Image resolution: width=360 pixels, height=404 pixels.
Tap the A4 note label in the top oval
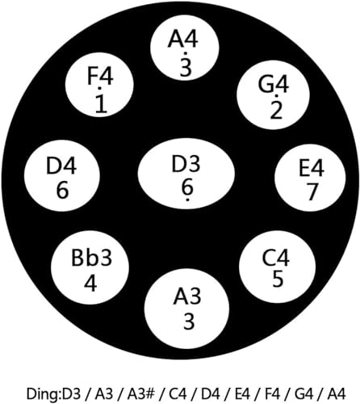click(183, 40)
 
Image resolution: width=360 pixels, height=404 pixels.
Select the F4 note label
click(100, 76)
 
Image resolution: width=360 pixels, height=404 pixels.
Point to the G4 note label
click(274, 84)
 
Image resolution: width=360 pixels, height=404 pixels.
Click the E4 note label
click(312, 169)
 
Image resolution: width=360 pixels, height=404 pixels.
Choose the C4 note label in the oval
click(276, 258)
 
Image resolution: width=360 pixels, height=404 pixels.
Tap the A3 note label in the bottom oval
click(187, 297)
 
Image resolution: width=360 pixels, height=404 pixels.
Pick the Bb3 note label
click(91, 258)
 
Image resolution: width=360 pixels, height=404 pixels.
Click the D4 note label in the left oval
click(61, 165)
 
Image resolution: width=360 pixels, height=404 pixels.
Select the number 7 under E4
click(312, 191)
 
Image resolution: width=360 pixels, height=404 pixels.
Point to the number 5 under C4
click(278, 279)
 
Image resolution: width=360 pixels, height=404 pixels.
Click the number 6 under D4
click(62, 190)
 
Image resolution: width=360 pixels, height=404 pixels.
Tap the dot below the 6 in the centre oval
click(187, 200)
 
